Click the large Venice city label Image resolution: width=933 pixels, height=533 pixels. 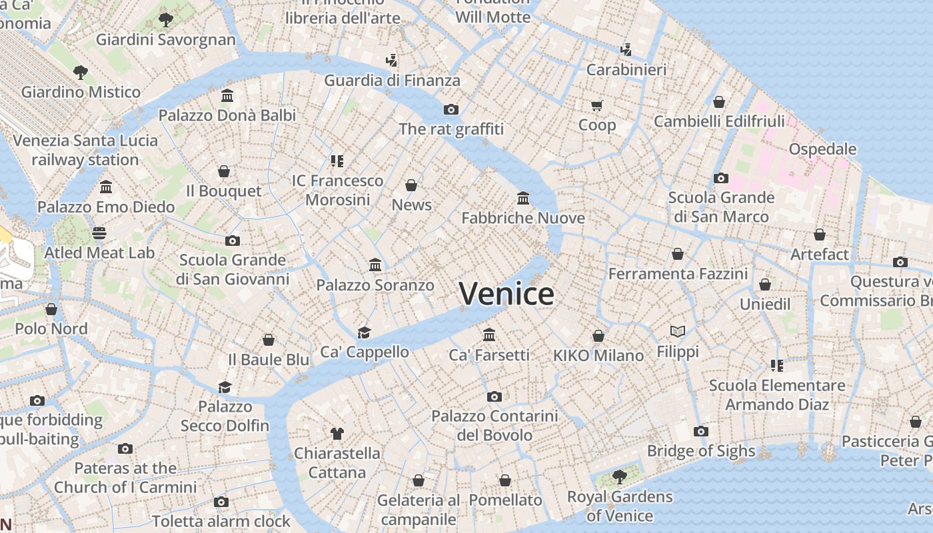(506, 294)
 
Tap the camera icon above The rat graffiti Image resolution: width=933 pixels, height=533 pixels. (451, 109)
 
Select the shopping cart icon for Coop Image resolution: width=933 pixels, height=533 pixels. (596, 105)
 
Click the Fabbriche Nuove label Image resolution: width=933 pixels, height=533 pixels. (523, 218)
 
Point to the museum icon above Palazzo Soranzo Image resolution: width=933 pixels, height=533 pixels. (375, 265)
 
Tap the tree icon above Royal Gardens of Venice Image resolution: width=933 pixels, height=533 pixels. (619, 476)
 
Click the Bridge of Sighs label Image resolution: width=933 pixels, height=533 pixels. (701, 451)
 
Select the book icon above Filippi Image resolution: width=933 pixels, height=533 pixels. (678, 331)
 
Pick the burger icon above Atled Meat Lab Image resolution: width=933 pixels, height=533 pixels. (99, 233)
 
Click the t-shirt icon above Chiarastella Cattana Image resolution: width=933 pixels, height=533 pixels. (337, 434)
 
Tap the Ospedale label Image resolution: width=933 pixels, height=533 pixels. (822, 149)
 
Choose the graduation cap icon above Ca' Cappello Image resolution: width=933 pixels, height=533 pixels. (364, 332)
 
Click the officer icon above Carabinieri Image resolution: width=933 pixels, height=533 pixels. (626, 49)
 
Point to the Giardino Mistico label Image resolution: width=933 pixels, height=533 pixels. (81, 92)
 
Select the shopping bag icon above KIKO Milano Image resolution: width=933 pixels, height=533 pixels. (598, 336)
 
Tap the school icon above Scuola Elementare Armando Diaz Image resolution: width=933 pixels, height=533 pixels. (776, 365)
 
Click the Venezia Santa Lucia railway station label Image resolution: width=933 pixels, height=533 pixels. (85, 150)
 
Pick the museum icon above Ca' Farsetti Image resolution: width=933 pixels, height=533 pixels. (489, 334)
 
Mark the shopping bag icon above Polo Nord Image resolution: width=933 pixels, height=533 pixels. (51, 309)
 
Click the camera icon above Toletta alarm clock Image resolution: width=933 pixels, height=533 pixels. (221, 502)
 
